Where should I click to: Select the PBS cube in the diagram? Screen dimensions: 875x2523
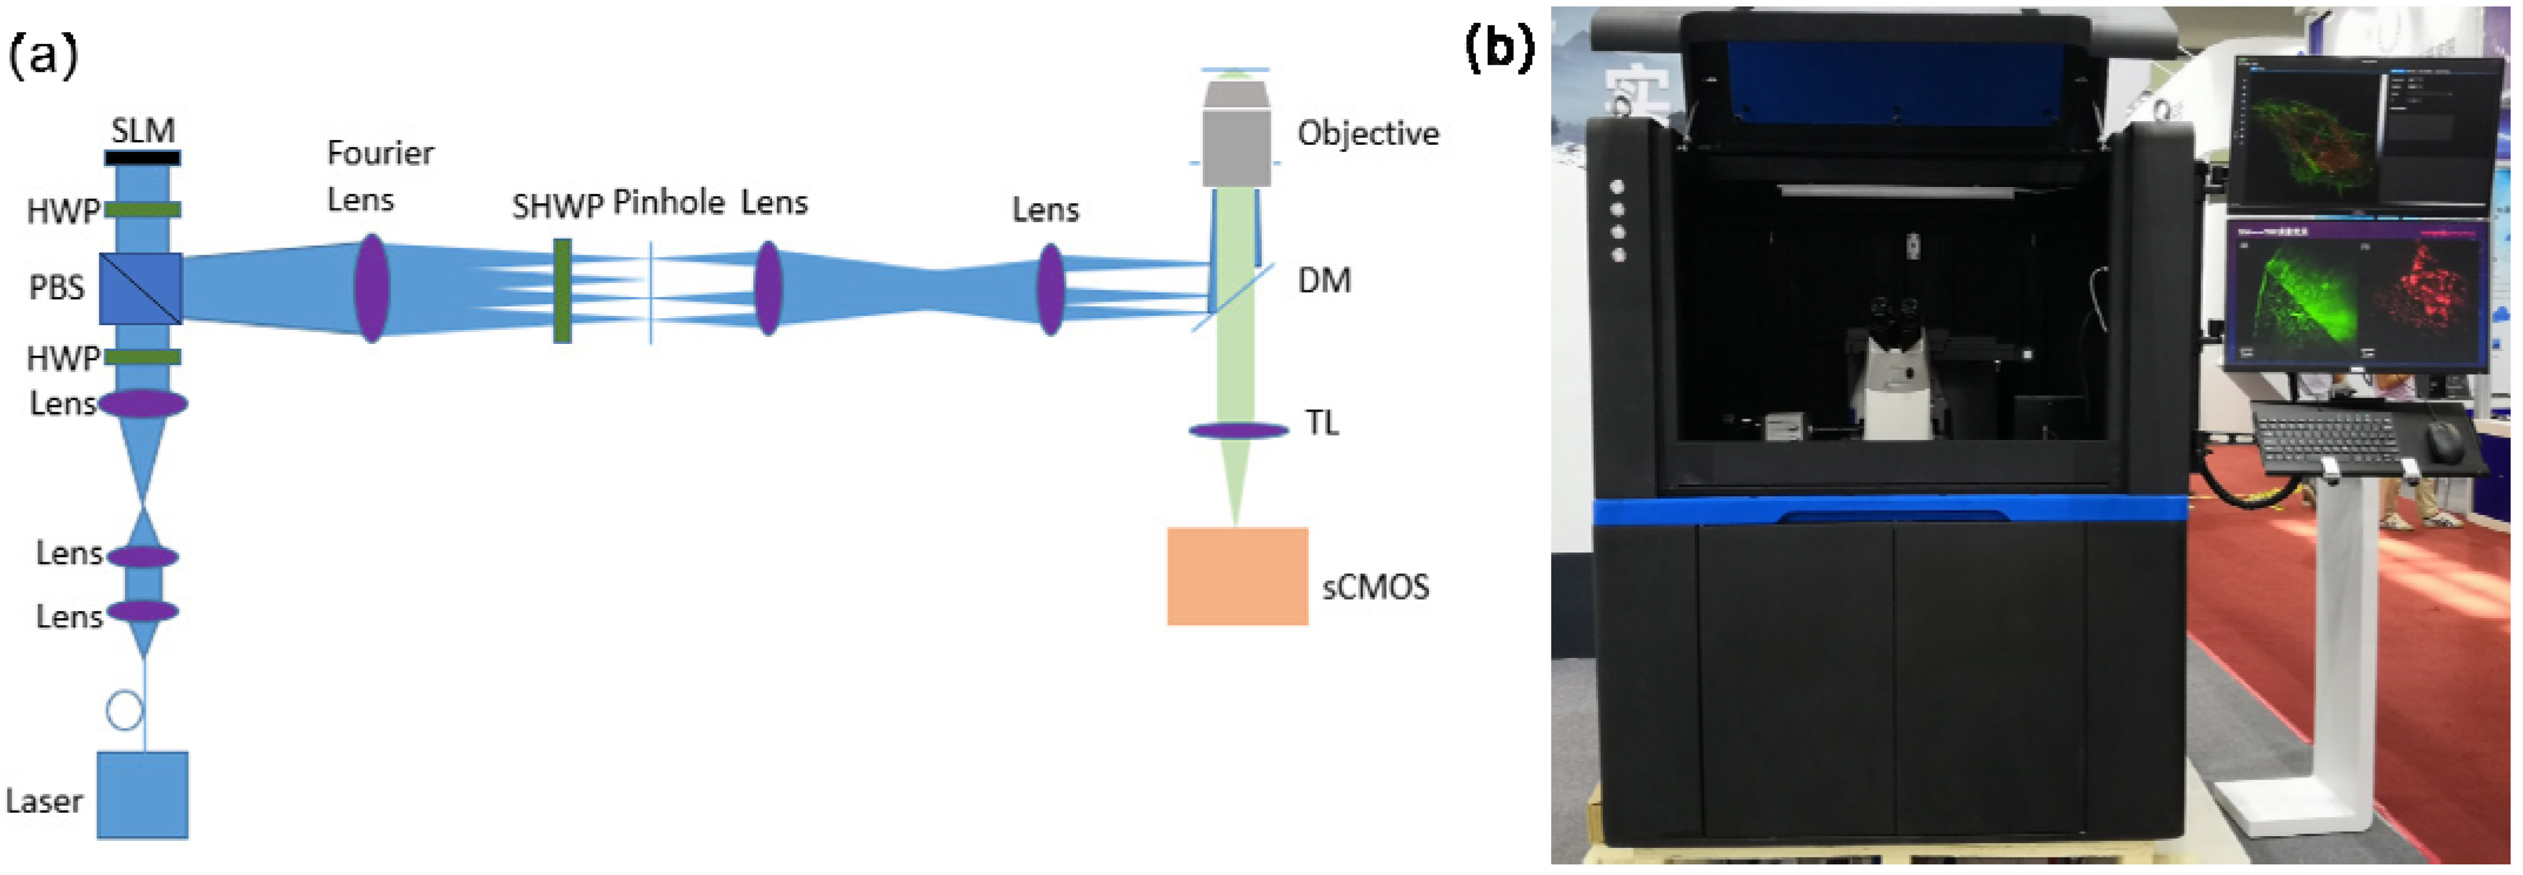[140, 289]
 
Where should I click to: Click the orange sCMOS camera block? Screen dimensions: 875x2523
[1237, 576]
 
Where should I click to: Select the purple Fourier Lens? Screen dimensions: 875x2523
[371, 288]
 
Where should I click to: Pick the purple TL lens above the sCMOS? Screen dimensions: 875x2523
[1238, 430]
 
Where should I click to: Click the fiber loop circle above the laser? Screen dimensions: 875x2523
[124, 710]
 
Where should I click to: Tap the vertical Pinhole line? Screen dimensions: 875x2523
[651, 293]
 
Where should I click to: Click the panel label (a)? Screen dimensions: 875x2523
[42, 56]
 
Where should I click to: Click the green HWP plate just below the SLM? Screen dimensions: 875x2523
[143, 209]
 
